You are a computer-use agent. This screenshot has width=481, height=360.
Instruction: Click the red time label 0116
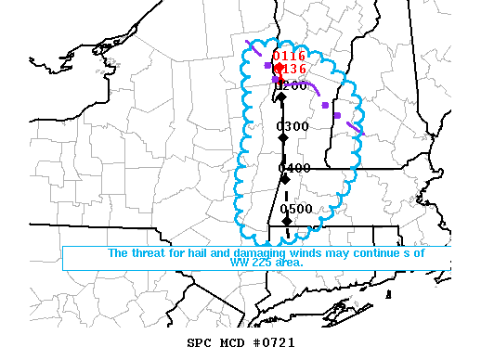pos(289,57)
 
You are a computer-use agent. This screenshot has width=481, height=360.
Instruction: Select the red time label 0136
pos(291,69)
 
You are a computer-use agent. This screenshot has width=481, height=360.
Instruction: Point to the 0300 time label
pos(293,126)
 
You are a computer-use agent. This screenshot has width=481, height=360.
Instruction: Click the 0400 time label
pos(294,168)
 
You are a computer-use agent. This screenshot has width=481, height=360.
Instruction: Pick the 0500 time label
pos(296,209)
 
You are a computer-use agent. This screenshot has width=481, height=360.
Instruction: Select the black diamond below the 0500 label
pos(288,220)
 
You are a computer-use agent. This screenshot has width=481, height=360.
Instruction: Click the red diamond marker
pos(279,68)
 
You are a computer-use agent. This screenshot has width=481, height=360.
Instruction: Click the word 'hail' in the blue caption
pos(193,253)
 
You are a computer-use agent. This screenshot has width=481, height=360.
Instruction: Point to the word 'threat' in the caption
pos(149,253)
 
